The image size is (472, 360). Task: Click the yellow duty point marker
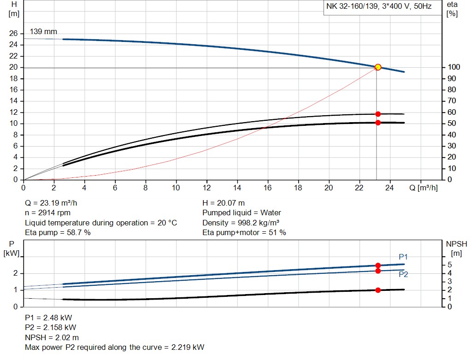378,67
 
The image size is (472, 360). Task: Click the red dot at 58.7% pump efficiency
378,114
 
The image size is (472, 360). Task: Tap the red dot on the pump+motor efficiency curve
378,123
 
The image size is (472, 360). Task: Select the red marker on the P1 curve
378,266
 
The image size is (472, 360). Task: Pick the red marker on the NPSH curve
378,290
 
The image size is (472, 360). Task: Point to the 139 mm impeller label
44,32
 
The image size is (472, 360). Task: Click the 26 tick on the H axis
13,34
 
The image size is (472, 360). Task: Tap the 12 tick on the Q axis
206,188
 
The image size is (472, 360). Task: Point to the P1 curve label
403,257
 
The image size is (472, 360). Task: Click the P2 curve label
403,274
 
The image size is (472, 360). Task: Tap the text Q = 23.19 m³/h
55,203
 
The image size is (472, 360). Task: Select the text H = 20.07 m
224,203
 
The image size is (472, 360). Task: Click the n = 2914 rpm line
47,213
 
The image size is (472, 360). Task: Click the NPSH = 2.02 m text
52,337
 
